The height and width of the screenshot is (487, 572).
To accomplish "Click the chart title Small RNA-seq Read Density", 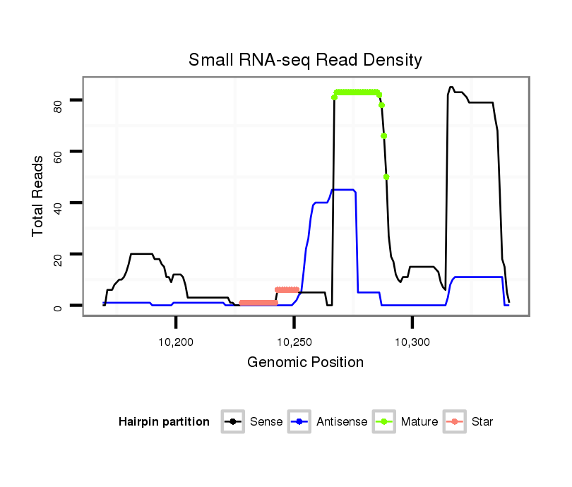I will [305, 60].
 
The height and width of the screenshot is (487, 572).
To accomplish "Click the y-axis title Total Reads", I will [38, 196].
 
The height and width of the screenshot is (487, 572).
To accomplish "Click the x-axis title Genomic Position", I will [305, 363].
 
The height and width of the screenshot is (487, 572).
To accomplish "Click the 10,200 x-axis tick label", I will [176, 342].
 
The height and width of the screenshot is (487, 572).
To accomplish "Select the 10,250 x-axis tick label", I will [294, 342].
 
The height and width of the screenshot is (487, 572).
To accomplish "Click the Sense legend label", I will [266, 422].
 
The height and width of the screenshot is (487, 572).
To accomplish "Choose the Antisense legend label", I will [342, 422].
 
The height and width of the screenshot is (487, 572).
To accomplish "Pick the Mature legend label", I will [419, 422].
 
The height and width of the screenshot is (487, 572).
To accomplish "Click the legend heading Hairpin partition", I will [164, 422].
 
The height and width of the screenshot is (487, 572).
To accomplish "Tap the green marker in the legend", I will [385, 422].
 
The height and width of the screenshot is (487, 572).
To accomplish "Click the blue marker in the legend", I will [300, 422].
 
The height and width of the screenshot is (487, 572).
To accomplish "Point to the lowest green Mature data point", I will [387, 177].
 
